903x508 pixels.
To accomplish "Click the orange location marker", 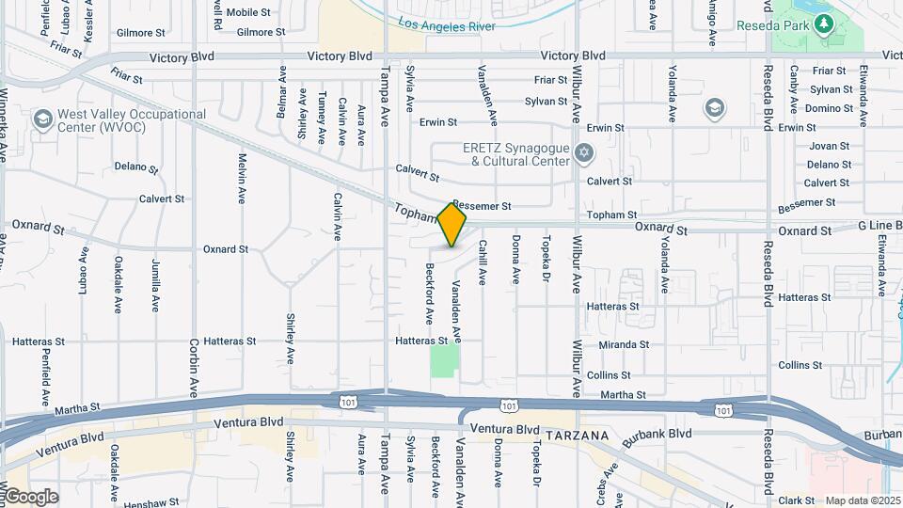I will [452, 225].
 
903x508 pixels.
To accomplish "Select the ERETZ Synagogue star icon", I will [583, 152].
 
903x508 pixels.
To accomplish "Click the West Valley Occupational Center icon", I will [41, 119].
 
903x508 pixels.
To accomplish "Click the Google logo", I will [30, 496].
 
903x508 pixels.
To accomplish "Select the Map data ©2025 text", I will [863, 500].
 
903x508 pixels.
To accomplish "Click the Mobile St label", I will [248, 12].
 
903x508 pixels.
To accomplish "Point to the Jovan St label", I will [829, 146].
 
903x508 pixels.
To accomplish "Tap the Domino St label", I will [829, 108].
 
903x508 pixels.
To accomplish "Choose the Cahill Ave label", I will [483, 262].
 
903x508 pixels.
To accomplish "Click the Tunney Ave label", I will [322, 116].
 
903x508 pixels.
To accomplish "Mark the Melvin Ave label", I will [242, 179].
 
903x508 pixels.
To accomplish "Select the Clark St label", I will [796, 500].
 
